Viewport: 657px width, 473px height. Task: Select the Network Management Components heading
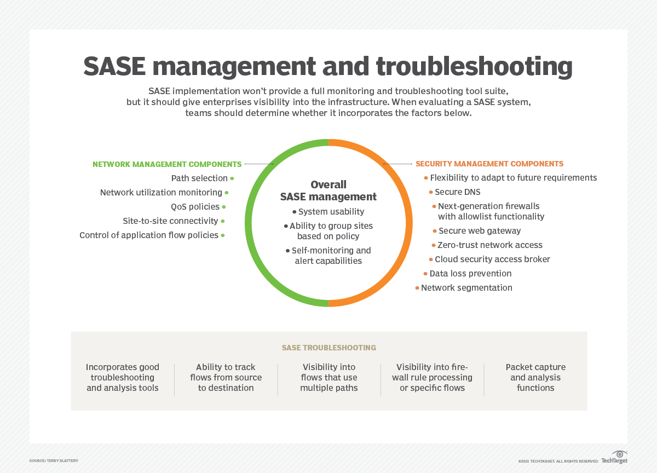(167, 164)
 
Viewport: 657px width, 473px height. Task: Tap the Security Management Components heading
(489, 164)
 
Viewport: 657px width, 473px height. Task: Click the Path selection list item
(199, 178)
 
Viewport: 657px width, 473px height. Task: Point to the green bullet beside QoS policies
(224, 207)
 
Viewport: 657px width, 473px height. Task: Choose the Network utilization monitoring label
(161, 193)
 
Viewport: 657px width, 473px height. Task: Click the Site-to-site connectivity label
(170, 221)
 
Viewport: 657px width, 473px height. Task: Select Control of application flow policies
(149, 235)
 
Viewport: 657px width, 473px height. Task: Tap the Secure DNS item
(458, 192)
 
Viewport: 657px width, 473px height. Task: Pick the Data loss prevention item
(470, 274)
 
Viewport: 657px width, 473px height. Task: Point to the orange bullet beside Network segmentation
(417, 288)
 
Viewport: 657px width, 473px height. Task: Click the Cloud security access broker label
(492, 259)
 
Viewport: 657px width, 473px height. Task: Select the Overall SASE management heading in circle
(328, 191)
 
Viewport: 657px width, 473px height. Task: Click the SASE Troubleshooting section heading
(328, 348)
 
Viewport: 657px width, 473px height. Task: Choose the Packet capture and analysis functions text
(535, 378)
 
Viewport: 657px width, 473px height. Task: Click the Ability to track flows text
(226, 378)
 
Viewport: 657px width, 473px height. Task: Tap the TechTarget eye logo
(619, 454)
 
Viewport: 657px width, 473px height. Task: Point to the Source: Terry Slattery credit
(54, 461)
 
